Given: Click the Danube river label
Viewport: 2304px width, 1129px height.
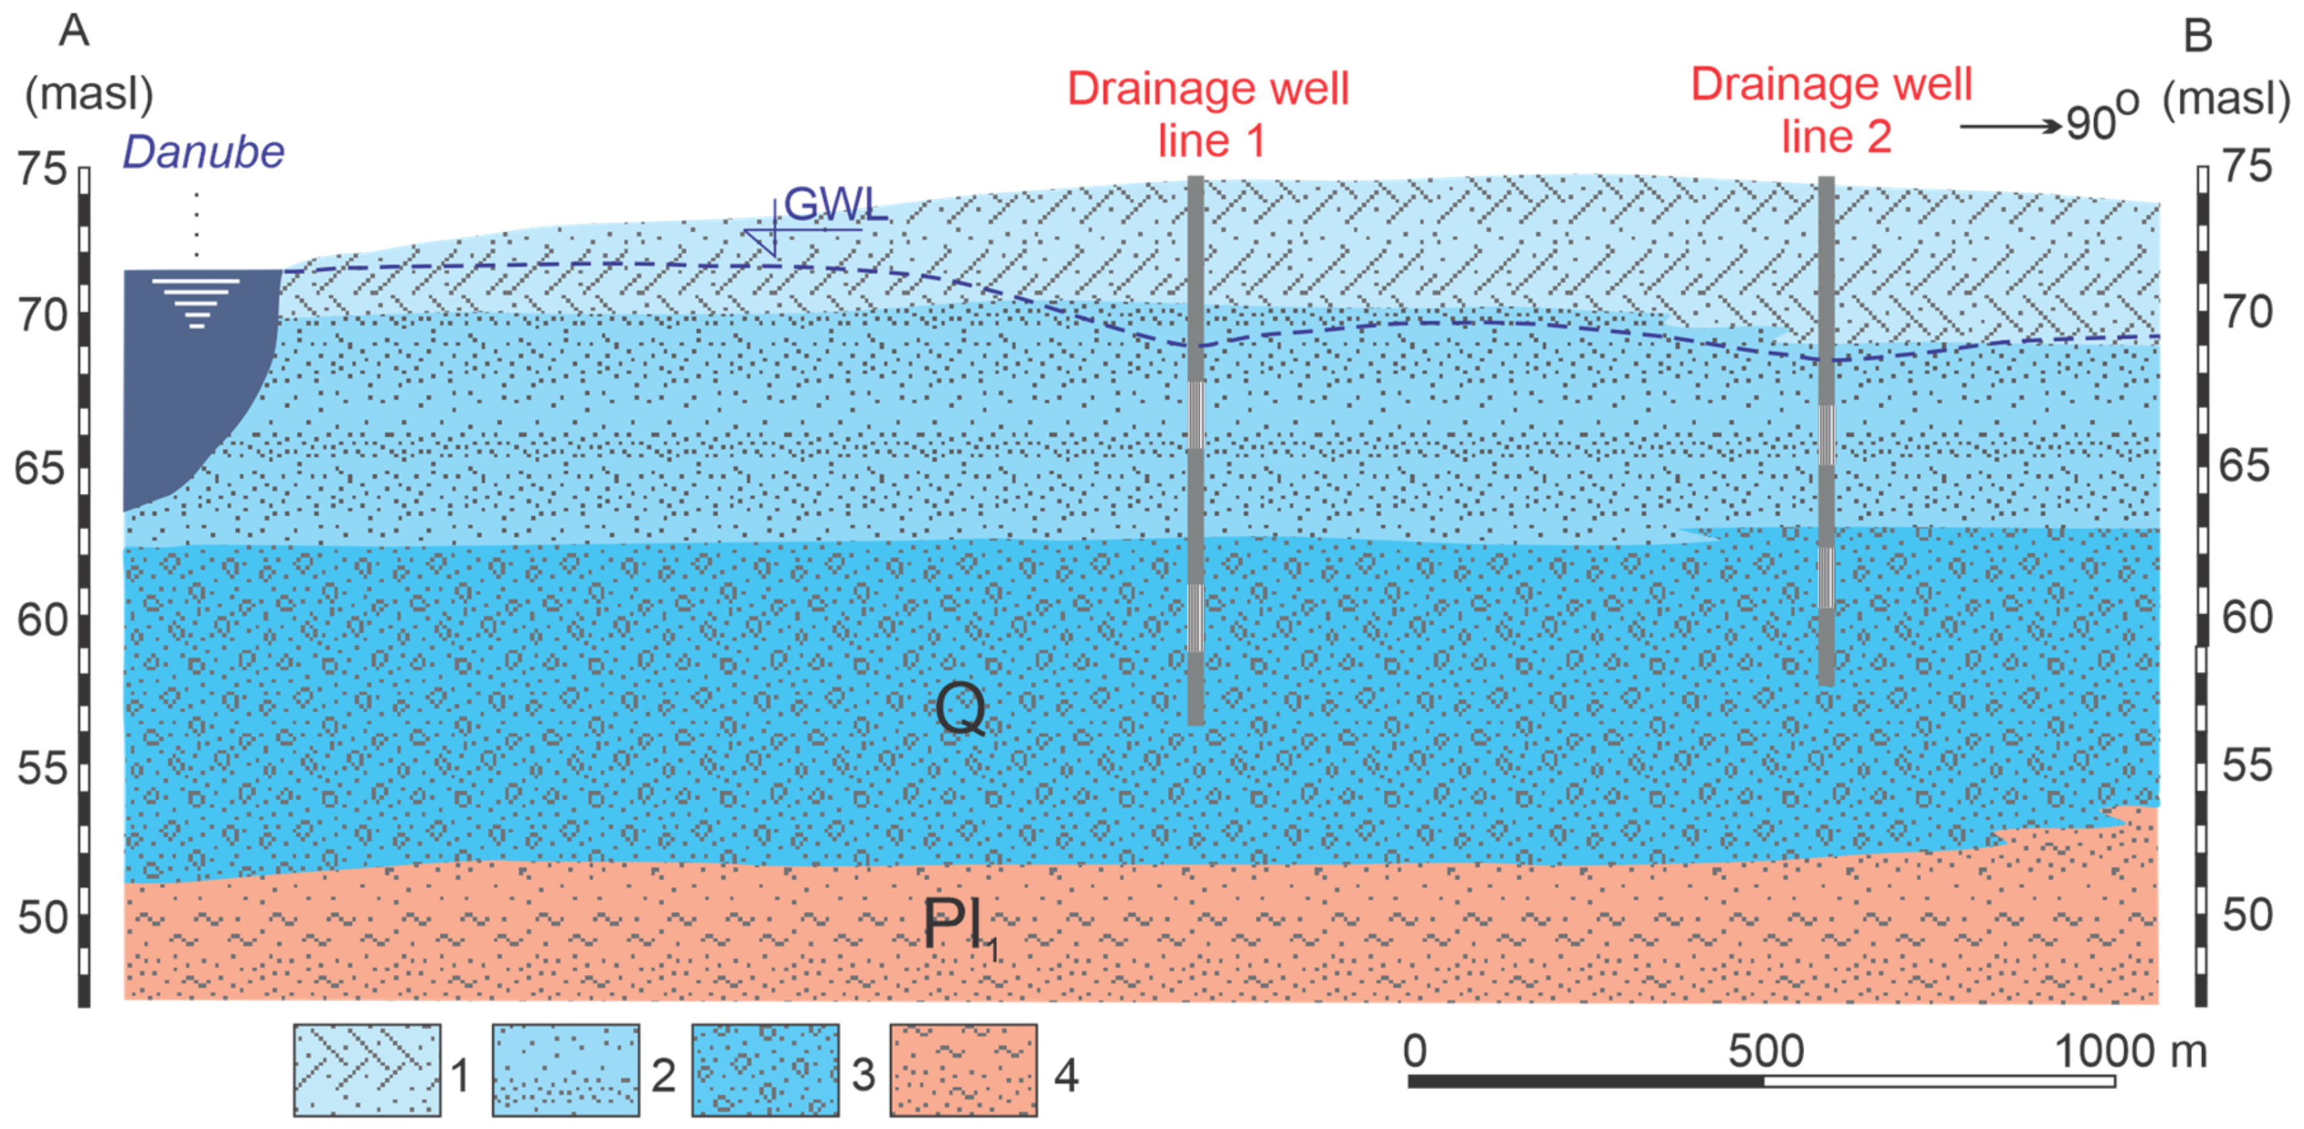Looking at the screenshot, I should (203, 152).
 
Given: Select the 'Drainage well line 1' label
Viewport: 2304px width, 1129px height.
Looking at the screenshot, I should (1208, 114).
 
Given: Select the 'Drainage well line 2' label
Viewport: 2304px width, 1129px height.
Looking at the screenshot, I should (1832, 109).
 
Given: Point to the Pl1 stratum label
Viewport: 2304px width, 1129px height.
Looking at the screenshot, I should (958, 925).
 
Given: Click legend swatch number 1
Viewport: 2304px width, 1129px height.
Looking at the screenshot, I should (367, 1070).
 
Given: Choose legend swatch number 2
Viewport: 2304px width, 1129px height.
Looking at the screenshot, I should (565, 1070).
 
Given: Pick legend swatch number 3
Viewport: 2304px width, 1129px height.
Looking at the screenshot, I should (765, 1070).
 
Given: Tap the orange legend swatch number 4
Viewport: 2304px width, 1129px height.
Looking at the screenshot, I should (963, 1070).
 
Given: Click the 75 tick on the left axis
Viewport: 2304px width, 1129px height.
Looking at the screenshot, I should (42, 168).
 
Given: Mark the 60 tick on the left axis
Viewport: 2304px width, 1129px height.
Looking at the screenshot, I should (42, 619).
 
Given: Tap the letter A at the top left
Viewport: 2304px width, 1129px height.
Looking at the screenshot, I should (74, 31).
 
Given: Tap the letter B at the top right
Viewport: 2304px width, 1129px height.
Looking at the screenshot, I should (2197, 36).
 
